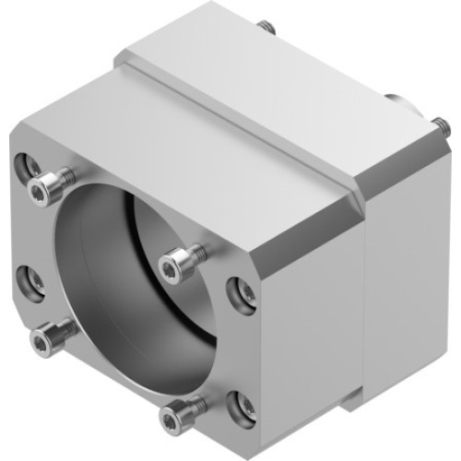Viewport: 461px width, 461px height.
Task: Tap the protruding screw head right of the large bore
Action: [x=172, y=267]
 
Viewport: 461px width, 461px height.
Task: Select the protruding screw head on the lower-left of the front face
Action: [x=41, y=342]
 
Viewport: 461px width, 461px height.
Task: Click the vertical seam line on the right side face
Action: [x=369, y=295]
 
